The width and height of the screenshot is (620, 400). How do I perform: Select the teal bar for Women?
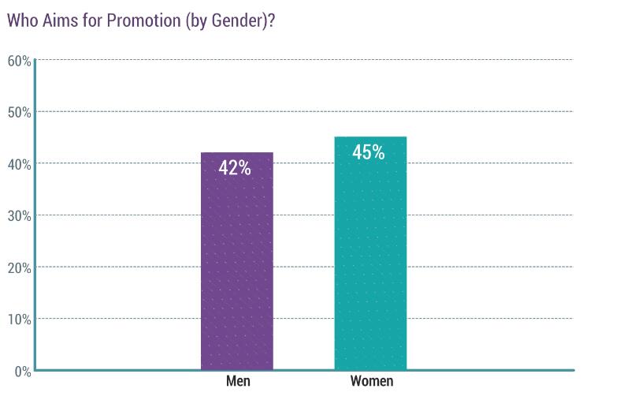(370, 260)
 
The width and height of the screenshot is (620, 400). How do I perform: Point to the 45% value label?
(369, 152)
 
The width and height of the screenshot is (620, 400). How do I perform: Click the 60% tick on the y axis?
(19, 60)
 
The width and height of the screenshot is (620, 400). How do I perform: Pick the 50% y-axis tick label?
(19, 112)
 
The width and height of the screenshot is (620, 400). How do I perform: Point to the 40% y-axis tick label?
(19, 163)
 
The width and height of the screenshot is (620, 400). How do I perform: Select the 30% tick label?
(19, 215)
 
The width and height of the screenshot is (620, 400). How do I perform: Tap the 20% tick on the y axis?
(19, 267)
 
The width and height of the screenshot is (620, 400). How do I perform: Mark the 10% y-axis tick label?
(19, 319)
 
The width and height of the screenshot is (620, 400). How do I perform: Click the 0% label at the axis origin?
(21, 371)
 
